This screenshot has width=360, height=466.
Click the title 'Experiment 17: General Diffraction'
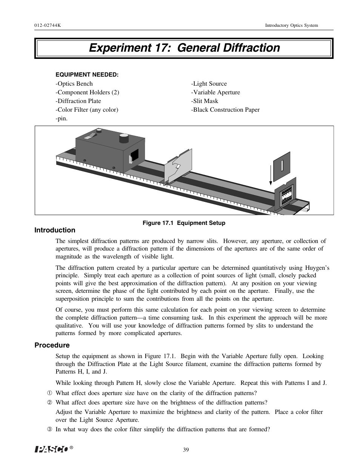[x=184, y=48]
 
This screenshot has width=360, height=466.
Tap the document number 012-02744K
[x=48, y=25]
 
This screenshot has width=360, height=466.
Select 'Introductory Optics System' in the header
[x=291, y=25]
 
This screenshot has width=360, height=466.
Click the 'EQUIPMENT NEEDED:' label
[x=87, y=75]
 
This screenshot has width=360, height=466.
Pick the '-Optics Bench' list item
[x=74, y=84]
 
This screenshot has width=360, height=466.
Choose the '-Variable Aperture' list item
[x=215, y=92]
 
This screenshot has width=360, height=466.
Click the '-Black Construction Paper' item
[x=225, y=110]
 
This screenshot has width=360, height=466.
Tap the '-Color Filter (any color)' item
[x=87, y=110]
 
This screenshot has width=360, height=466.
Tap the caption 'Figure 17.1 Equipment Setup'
[x=183, y=223]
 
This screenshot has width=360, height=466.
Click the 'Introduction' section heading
[x=55, y=230]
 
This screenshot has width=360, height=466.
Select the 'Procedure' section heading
[x=52, y=345]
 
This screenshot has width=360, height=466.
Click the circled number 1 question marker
[x=49, y=394]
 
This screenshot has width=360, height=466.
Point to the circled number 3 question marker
[x=49, y=429]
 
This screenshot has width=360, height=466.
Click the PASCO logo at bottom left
[x=52, y=449]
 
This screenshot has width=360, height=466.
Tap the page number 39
[x=186, y=450]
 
